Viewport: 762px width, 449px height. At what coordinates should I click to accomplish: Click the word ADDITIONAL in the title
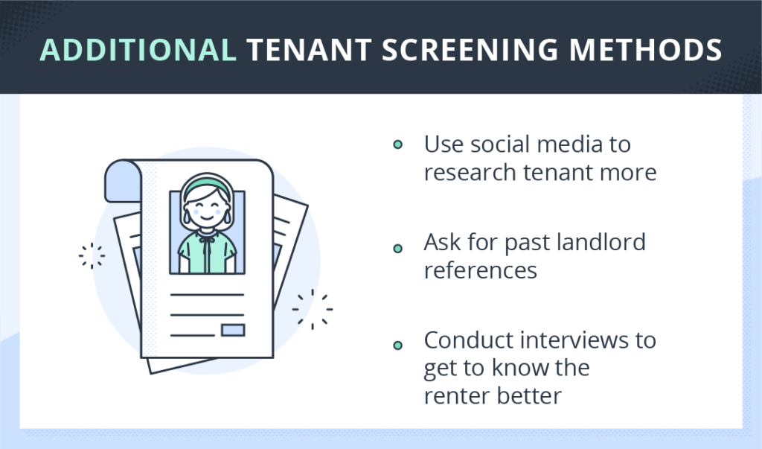tap(138, 50)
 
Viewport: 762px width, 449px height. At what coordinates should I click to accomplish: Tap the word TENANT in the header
tap(310, 50)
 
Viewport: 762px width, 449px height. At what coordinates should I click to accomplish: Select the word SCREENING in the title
tap(470, 50)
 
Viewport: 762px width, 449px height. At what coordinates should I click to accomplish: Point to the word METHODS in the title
tap(645, 50)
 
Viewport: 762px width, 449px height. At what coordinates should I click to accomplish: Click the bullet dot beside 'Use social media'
tap(397, 144)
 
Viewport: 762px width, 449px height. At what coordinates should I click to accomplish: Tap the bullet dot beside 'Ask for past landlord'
tap(397, 249)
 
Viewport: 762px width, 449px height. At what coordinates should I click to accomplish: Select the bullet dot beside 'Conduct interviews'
tap(397, 345)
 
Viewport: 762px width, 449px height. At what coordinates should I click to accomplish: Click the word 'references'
tap(480, 270)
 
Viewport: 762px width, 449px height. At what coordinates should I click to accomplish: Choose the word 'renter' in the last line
tap(457, 395)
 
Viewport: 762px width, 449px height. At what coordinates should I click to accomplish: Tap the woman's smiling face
tap(207, 208)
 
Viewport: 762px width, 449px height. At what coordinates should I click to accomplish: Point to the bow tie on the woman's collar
tap(208, 238)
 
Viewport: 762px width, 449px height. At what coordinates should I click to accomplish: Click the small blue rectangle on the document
tap(233, 330)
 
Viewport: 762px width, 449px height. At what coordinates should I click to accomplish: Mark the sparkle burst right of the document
tap(313, 309)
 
